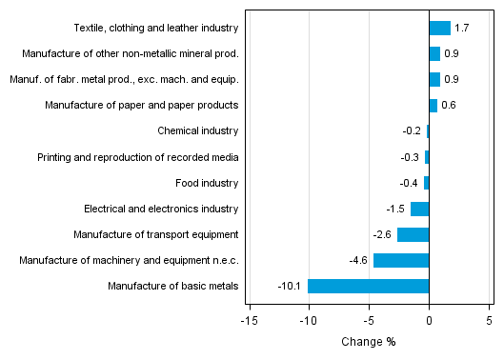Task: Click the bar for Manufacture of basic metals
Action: (x=368, y=286)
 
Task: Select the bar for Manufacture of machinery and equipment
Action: (x=401, y=260)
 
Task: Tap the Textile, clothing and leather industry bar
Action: (x=439, y=28)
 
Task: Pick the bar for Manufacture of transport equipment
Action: (x=413, y=234)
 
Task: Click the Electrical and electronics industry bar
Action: (x=419, y=209)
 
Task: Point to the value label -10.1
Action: (x=290, y=286)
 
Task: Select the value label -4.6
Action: (x=359, y=260)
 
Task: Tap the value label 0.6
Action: (x=449, y=105)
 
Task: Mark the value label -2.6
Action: (x=383, y=234)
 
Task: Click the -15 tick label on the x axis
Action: (x=249, y=321)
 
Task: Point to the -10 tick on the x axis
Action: (x=308, y=321)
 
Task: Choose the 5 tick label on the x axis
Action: (x=489, y=321)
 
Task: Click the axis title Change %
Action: (x=368, y=342)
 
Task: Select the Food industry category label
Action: (x=207, y=183)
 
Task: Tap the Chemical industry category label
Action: (x=197, y=130)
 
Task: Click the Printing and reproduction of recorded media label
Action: (x=138, y=157)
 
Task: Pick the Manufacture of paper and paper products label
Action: (x=142, y=105)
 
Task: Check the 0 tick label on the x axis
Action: (x=429, y=321)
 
